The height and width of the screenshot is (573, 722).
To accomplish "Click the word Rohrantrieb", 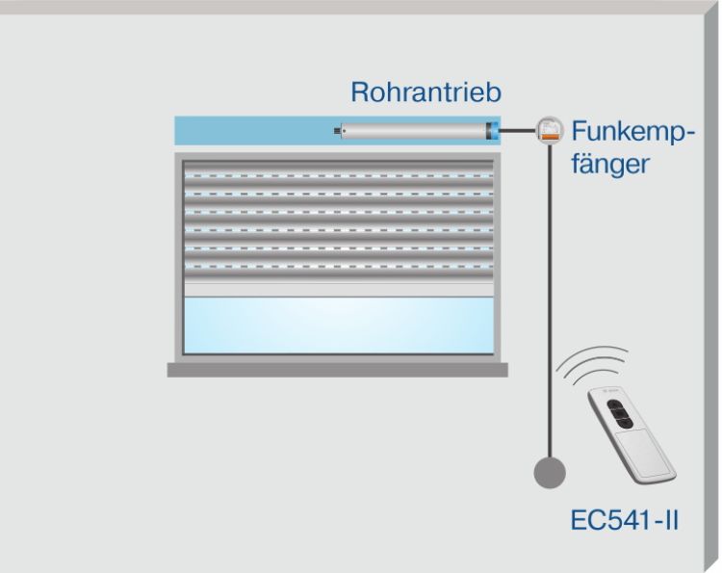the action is tap(425, 92).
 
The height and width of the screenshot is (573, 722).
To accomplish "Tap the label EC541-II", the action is tap(625, 520).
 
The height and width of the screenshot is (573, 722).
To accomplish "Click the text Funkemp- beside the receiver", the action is tap(632, 133).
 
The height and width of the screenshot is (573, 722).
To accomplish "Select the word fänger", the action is tap(610, 164).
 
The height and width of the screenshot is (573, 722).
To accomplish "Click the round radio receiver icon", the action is tap(550, 130).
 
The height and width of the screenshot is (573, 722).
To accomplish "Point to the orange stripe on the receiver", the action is tap(551, 137).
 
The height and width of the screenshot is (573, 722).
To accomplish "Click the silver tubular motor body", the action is tap(413, 131).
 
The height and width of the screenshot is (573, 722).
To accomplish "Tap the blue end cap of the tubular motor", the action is tap(493, 131).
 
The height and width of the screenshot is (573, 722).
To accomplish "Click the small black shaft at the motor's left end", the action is tap(338, 131).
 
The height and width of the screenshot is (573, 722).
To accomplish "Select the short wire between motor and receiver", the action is tap(518, 131).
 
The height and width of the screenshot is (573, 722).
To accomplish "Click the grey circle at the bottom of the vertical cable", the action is tap(550, 473).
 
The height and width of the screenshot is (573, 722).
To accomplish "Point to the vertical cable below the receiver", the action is tap(550, 300).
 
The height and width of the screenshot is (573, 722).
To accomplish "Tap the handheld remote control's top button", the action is tap(614, 404).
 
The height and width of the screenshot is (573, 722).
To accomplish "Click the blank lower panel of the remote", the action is tap(644, 454).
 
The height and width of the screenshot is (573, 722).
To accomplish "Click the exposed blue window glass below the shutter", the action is tap(339, 326).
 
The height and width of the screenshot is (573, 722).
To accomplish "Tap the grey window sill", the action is tap(338, 370).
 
